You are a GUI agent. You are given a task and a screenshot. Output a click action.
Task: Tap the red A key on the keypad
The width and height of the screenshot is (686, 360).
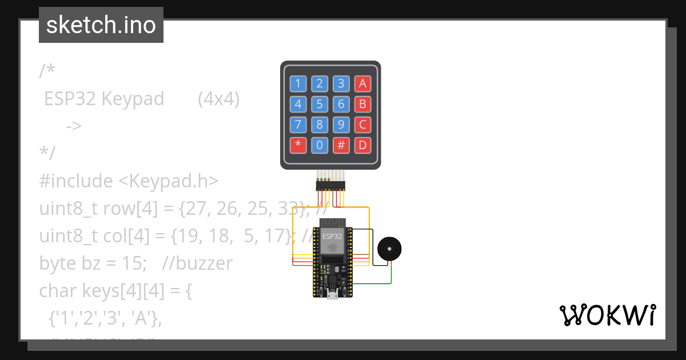[362, 84]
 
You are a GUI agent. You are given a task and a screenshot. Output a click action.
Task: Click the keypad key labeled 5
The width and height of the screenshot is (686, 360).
[320, 104]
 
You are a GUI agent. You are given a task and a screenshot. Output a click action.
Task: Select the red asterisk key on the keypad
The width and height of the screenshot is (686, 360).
[298, 145]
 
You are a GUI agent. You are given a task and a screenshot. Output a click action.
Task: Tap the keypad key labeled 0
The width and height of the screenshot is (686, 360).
[320, 145]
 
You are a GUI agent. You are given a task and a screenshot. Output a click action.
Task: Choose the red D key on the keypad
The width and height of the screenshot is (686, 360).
[362, 145]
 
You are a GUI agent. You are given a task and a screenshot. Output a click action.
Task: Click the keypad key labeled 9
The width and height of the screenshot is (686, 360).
[341, 125]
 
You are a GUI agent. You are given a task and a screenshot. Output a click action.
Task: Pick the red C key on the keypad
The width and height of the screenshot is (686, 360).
[362, 125]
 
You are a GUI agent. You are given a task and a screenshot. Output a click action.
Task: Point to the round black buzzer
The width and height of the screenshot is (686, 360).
[389, 249]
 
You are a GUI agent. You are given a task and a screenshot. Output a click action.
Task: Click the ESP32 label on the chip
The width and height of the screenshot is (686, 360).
[332, 236]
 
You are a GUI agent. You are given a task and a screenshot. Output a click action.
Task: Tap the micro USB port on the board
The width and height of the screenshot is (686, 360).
[332, 294]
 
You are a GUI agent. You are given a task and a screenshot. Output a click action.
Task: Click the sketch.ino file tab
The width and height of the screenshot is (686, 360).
[101, 25]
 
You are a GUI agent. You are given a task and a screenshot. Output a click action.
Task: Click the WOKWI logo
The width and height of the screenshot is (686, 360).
[607, 315]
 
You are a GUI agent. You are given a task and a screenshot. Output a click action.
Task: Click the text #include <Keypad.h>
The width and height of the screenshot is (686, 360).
[129, 181]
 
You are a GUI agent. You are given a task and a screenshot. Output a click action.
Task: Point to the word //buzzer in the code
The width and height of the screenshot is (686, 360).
[197, 263]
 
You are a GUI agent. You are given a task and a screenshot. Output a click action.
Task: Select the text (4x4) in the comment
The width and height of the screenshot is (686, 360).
[218, 99]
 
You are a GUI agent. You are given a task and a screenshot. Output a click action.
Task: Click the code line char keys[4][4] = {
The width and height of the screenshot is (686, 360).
[115, 291]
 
